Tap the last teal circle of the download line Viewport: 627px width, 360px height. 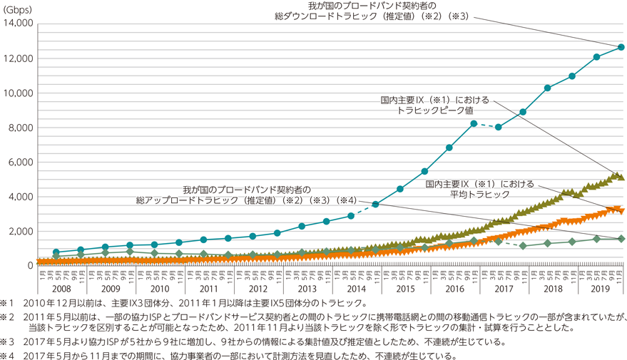(x=621, y=47)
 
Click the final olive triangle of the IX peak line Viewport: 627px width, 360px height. (x=621, y=177)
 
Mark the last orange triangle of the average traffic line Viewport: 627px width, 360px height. (x=621, y=210)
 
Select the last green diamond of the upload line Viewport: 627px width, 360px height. (x=621, y=239)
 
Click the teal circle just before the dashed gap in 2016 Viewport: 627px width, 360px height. (x=474, y=123)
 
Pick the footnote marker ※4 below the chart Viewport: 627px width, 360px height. (x=9, y=354)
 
